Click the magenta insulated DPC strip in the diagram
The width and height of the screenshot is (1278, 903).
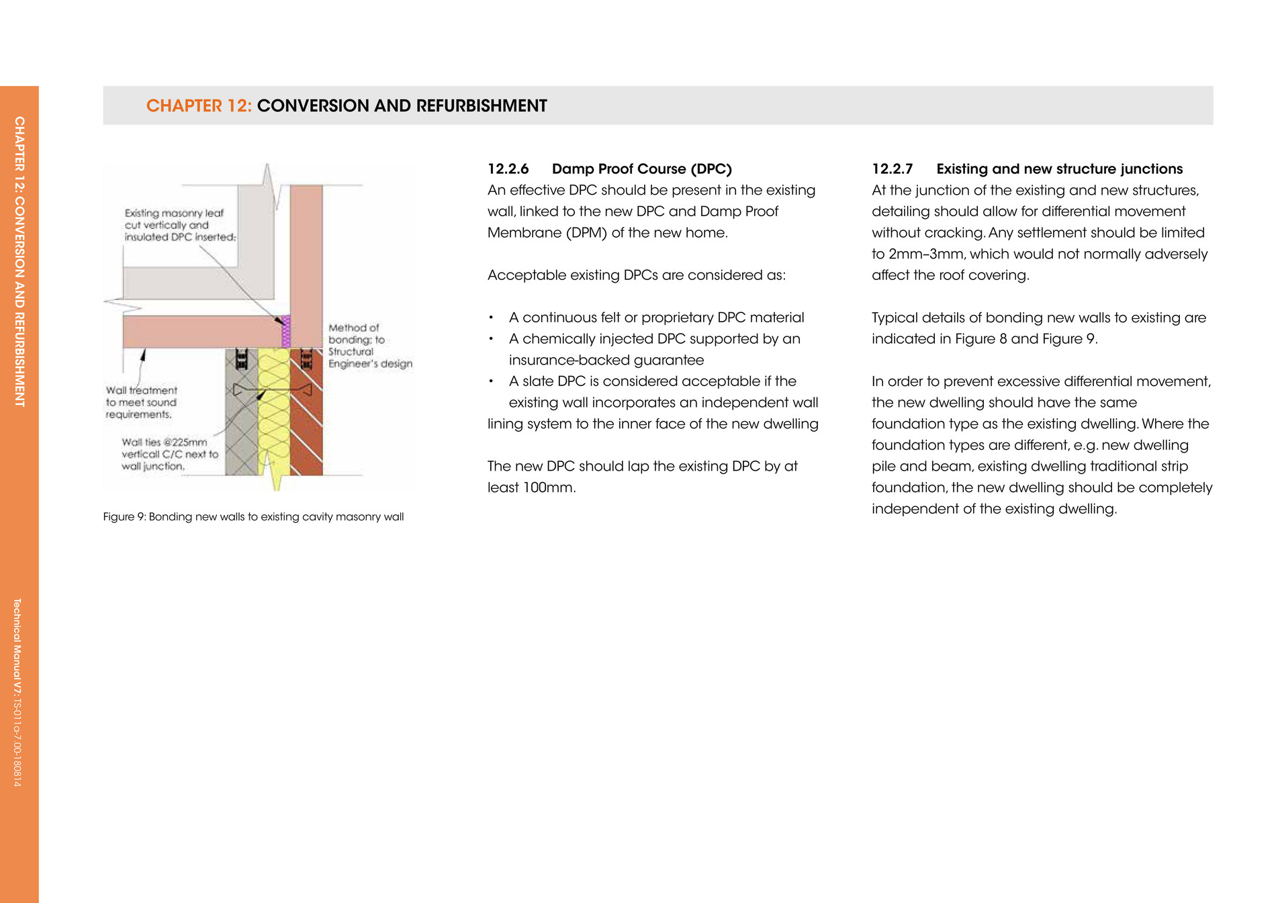pyautogui.click(x=285, y=332)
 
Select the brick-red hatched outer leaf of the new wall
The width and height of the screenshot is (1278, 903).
pyautogui.click(x=307, y=430)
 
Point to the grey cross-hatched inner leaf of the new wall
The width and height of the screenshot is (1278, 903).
pyautogui.click(x=241, y=430)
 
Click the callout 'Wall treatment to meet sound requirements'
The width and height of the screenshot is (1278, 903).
pyautogui.click(x=141, y=402)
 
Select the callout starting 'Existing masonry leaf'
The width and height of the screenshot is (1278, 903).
pyautogui.click(x=179, y=225)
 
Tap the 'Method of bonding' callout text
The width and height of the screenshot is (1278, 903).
pyautogui.click(x=369, y=346)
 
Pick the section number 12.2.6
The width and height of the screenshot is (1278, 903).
pyautogui.click(x=508, y=169)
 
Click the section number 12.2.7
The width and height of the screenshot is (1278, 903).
pyautogui.click(x=892, y=169)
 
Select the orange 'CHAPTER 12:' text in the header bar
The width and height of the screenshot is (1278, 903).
pyautogui.click(x=199, y=106)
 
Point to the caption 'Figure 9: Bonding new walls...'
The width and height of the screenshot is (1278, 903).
pyautogui.click(x=253, y=517)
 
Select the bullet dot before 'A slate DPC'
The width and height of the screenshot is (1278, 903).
pyautogui.click(x=492, y=381)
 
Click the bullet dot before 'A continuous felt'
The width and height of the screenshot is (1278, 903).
pyautogui.click(x=492, y=318)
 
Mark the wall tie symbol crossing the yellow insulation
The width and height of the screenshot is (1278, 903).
pyautogui.click(x=272, y=390)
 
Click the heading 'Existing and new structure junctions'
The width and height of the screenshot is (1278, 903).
pyautogui.click(x=1059, y=169)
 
